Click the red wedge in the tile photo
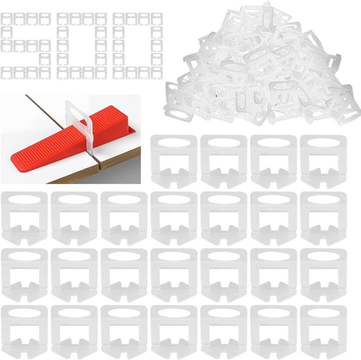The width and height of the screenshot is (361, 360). pos(69,140)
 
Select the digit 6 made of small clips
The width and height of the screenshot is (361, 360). pos(26,46)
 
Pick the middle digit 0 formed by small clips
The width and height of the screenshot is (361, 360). pos(82,46)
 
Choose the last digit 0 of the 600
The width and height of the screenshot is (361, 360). pos(138,46)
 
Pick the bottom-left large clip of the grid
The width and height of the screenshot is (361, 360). pos(24,332)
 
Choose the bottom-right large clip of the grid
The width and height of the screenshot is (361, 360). pos(323,332)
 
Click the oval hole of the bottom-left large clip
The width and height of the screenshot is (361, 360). pos(24,313)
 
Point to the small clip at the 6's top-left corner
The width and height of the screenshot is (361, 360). pos(7,19)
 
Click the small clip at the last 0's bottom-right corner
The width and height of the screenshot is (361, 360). pos(157,73)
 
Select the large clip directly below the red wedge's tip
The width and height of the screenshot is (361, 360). pos(24,218)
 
